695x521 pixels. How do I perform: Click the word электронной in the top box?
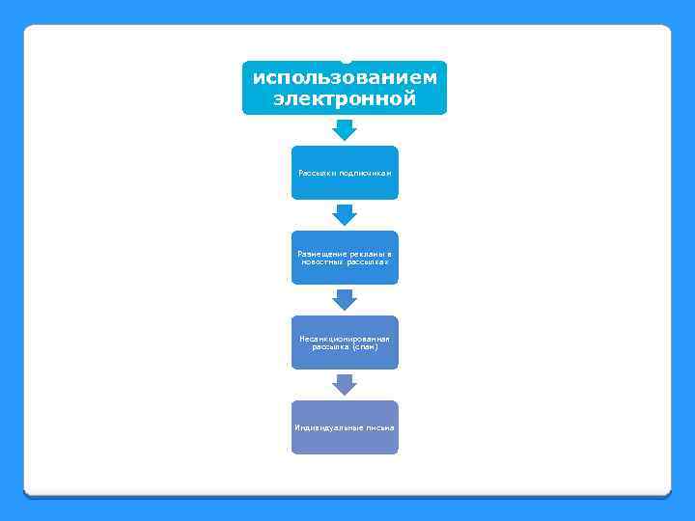click(345, 98)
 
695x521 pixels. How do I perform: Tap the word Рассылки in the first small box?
click(315, 173)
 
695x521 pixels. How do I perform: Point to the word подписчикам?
click(365, 173)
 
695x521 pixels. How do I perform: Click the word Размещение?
click(318, 254)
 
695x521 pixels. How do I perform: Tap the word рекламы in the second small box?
click(365, 254)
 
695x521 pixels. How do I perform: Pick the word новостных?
click(325, 261)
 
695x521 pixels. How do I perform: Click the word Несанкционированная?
click(345, 340)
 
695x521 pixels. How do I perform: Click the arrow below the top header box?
click(345, 129)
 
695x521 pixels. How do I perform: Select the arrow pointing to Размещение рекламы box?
click(345, 214)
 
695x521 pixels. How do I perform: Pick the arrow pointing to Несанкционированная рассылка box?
click(345, 299)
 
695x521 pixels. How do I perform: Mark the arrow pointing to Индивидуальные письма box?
click(345, 384)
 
